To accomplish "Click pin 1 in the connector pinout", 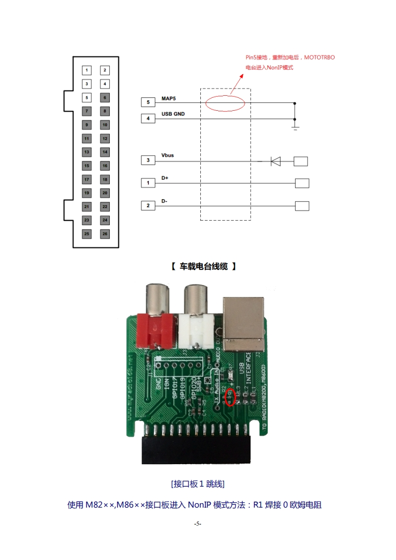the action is pyautogui.click(x=87, y=70).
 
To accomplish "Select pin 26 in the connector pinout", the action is pyautogui.click(x=105, y=234).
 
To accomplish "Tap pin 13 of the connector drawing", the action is pyautogui.click(x=87, y=152).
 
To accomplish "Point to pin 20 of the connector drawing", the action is pyautogui.click(x=105, y=193).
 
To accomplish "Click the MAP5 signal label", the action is pyautogui.click(x=169, y=99).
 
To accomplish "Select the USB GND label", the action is pyautogui.click(x=173, y=114).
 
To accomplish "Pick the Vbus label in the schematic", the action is pyautogui.click(x=168, y=156).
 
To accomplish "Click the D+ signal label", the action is pyautogui.click(x=165, y=178).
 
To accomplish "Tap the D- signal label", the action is pyautogui.click(x=164, y=201).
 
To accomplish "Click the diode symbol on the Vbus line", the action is pyautogui.click(x=275, y=161).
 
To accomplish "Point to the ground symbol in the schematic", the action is pyautogui.click(x=295, y=128).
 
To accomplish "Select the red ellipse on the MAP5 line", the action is pyautogui.click(x=225, y=103).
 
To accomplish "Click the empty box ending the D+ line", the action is pyautogui.click(x=302, y=183).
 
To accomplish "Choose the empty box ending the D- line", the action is pyautogui.click(x=302, y=206).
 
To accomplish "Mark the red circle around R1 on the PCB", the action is pyautogui.click(x=230, y=397).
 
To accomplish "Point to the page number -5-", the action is pyautogui.click(x=198, y=524).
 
